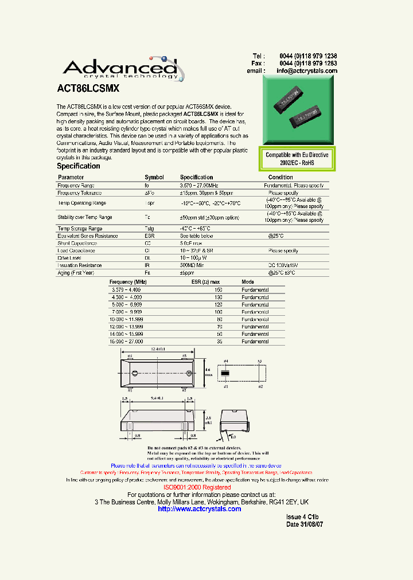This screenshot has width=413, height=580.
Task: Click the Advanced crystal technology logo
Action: pos(123,68)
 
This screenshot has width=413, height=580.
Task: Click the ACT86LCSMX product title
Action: pos(88,89)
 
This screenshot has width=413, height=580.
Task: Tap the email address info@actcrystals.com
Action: pos(307,71)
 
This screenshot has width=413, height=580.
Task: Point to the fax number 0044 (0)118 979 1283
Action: pos(308,64)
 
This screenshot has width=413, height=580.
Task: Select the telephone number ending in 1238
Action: pos(308,56)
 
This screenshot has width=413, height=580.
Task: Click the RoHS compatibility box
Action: pos(297,159)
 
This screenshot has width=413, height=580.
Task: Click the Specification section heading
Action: pos(79,166)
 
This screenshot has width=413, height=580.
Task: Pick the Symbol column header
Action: pos(154,178)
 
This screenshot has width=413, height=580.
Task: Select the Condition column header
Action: pos(280,178)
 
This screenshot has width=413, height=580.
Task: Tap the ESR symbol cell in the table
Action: pos(149,236)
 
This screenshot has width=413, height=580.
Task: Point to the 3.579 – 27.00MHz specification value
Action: pos(199,186)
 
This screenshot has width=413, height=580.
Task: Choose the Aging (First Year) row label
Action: pos(76,273)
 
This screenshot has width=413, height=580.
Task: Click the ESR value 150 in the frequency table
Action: pos(217,290)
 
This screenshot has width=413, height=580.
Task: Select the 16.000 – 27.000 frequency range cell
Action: pos(126,342)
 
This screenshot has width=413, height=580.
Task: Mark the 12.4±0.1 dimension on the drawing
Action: pos(159,349)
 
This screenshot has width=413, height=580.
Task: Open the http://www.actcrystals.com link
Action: pos(199,509)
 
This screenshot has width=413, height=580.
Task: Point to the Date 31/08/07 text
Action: pos(305,524)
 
